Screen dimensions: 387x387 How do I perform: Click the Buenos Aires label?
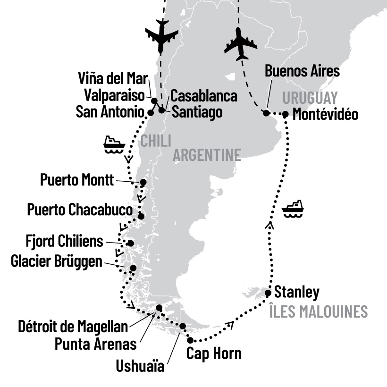[302, 71]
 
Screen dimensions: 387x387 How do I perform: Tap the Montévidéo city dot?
[285, 114]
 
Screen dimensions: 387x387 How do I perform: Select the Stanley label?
[296, 292]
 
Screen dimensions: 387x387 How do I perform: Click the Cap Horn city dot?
[190, 340]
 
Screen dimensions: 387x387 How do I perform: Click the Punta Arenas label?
[96, 344]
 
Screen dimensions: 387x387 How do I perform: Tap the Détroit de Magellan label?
[73, 326]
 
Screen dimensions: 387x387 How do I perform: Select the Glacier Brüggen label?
[56, 261]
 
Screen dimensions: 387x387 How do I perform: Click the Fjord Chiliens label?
[64, 242]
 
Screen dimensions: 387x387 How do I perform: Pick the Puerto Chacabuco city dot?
[141, 217]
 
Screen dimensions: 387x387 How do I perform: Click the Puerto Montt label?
[77, 180]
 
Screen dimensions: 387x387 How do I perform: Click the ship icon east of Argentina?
[293, 209]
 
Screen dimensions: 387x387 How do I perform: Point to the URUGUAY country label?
[310, 98]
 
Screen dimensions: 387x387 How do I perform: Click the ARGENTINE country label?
[207, 154]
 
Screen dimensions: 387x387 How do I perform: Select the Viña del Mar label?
[113, 78]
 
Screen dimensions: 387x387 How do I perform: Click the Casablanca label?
[203, 95]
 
